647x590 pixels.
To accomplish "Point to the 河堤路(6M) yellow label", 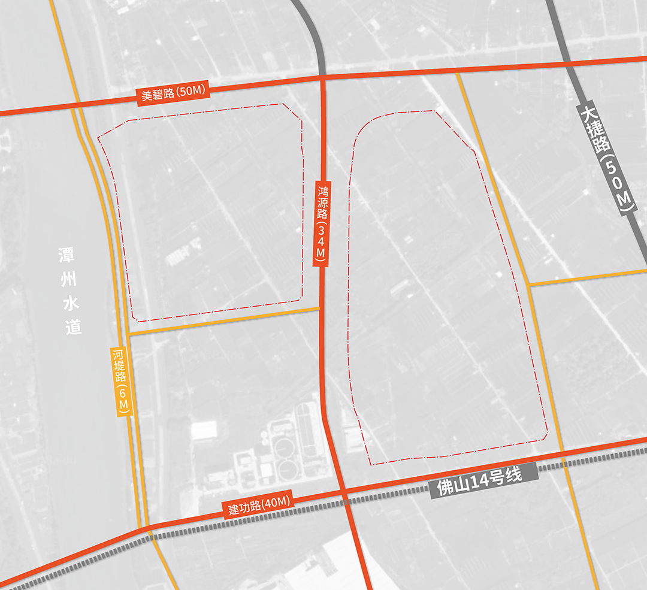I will pyautogui.click(x=121, y=380).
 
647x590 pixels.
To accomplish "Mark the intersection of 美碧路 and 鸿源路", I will pyautogui.click(x=322, y=77).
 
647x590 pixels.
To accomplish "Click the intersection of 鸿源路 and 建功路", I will pyautogui.click(x=343, y=491).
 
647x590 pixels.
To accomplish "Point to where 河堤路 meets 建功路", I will pyautogui.click(x=144, y=528).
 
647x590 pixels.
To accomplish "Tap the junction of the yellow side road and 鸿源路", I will pyautogui.click(x=321, y=308).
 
